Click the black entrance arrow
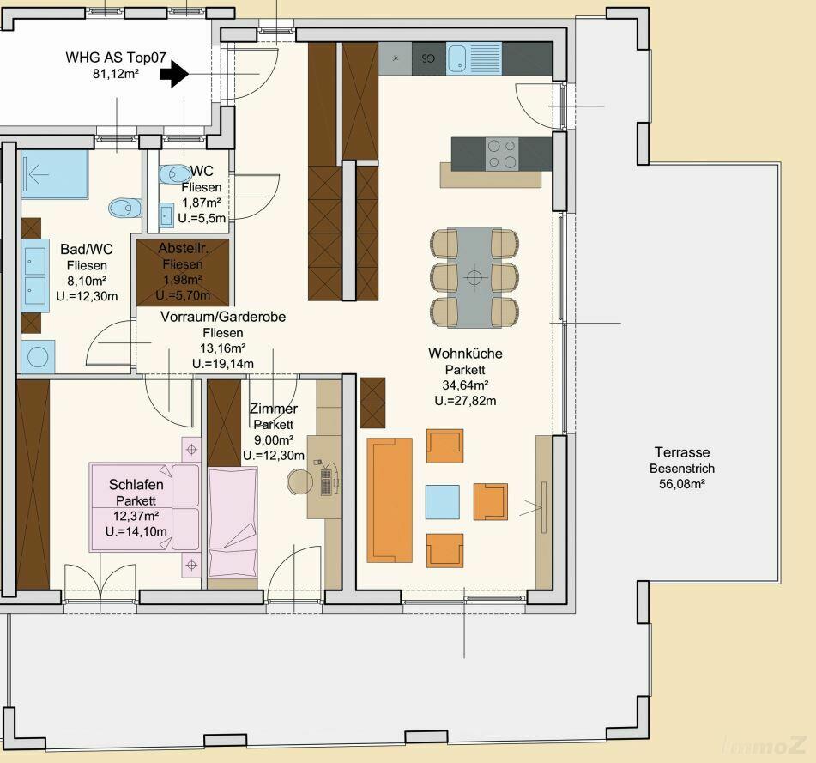coord(174,75)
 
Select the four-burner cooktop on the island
coord(502,154)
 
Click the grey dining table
coord(474,277)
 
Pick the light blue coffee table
coord(443,502)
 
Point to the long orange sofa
coord(390,500)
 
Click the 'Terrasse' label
coord(682,451)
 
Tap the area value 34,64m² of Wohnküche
coord(465,385)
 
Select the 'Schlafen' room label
coord(136,485)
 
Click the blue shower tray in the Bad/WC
coord(55,174)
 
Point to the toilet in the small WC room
coord(175,174)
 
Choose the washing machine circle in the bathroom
coord(38,357)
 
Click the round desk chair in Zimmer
coord(299,481)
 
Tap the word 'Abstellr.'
coord(183,248)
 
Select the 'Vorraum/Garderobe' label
coord(223,317)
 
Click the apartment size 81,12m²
coord(116,74)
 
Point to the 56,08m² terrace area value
coord(682,483)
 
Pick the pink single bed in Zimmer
coord(233,522)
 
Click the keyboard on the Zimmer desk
coord(326,482)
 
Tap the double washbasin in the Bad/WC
coord(35,276)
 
